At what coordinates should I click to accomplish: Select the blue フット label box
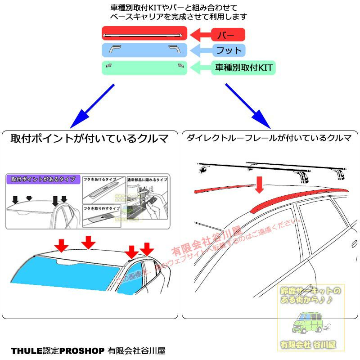(228, 50)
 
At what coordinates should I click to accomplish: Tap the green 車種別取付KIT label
(243, 68)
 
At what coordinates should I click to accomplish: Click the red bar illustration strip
(144, 34)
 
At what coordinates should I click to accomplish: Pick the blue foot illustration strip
(144, 49)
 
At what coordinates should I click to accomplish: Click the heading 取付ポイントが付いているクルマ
(90, 139)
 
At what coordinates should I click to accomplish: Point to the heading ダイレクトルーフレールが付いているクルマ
(269, 138)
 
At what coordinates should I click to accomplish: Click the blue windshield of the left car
(63, 272)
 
